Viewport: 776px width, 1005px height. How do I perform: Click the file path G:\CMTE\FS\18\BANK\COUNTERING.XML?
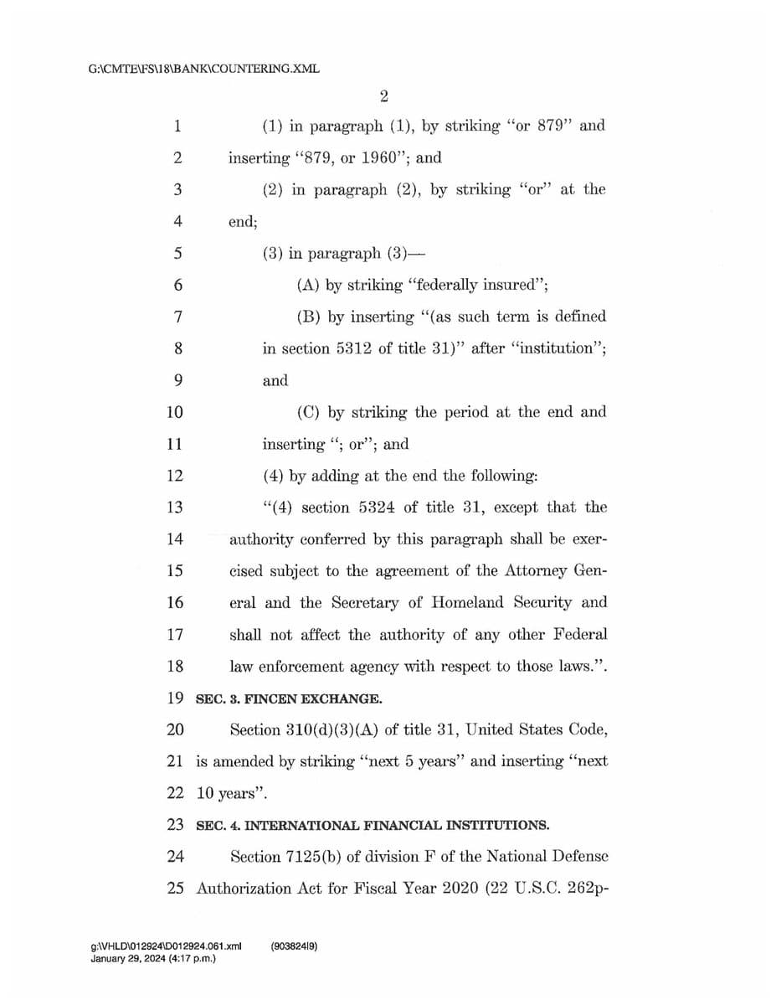pos(203,69)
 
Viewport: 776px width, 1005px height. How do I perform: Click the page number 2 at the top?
pos(383,95)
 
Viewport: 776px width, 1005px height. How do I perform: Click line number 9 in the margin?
pos(175,380)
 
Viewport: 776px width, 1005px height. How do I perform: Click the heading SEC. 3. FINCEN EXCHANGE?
pos(289,698)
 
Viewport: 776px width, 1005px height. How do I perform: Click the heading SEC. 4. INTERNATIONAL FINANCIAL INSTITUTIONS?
pos(373,826)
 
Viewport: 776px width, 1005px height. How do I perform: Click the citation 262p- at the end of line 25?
pos(586,889)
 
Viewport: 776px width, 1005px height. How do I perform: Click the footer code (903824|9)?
pos(294,947)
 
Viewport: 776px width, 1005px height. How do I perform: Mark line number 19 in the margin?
pos(175,698)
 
